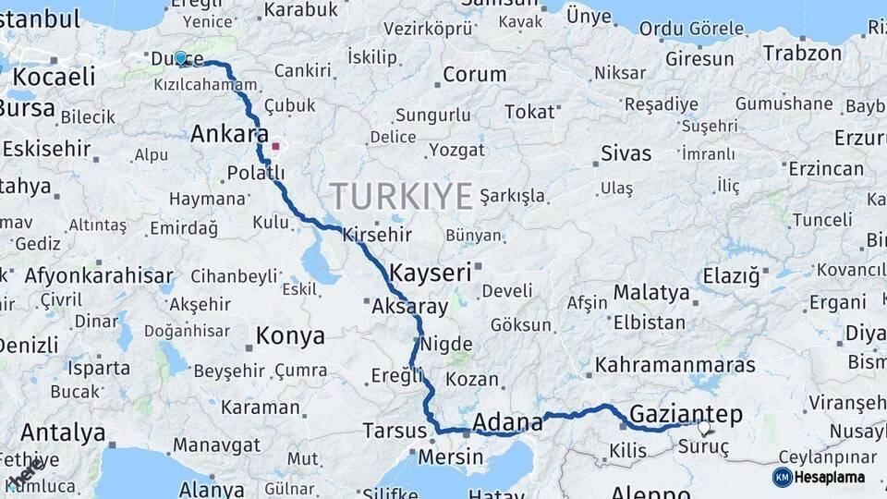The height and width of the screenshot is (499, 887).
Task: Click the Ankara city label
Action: coord(229,134)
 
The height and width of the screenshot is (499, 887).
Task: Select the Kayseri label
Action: coord(431,273)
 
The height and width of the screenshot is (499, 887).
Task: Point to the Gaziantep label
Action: coord(687,413)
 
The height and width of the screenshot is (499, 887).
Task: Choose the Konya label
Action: coord(290,335)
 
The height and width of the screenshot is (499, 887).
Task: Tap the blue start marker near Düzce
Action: coord(181,58)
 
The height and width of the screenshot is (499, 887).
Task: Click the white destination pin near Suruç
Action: coord(705,428)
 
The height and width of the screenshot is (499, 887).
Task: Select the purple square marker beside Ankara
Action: coord(275,146)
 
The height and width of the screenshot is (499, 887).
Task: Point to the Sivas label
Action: coord(626,153)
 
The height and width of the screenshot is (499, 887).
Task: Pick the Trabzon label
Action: coord(803,53)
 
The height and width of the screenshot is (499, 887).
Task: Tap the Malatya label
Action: coord(651,293)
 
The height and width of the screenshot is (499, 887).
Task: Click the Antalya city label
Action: coord(63,432)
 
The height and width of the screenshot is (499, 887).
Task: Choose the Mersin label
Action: coord(450,456)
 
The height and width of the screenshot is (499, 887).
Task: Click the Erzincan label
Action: coord(826,169)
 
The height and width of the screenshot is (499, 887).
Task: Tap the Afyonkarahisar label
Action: coord(99,275)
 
